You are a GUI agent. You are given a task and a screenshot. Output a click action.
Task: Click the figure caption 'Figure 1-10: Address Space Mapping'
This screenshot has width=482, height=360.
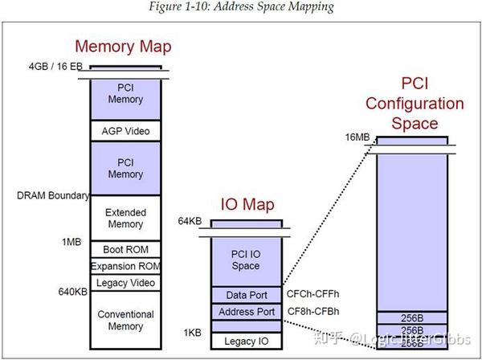point(242,8)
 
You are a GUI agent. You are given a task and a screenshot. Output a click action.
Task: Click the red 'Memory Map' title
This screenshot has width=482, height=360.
point(123,47)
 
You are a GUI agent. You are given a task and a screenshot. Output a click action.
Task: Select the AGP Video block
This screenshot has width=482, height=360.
point(125,131)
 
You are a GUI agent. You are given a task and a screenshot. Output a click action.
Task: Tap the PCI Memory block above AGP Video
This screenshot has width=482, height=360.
point(125,94)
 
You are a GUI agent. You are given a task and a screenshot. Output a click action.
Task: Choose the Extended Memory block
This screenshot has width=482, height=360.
point(125,214)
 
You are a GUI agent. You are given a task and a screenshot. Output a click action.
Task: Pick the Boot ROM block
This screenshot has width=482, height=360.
point(125,249)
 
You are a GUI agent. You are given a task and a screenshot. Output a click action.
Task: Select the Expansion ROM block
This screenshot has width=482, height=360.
point(125,266)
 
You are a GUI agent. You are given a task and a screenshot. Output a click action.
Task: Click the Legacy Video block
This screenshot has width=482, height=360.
point(125,283)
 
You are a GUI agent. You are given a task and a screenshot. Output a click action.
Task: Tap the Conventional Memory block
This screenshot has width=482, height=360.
point(125,321)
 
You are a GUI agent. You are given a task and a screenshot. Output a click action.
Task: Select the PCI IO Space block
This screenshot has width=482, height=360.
point(247,260)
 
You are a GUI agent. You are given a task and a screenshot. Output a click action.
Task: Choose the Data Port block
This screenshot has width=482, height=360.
point(247,294)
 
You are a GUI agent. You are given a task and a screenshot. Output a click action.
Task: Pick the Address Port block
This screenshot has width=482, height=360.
point(247,311)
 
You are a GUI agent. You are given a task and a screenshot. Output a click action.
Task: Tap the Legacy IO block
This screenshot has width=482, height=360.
point(247,342)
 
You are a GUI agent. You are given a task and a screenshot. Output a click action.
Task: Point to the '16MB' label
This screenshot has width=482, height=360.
point(357,137)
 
